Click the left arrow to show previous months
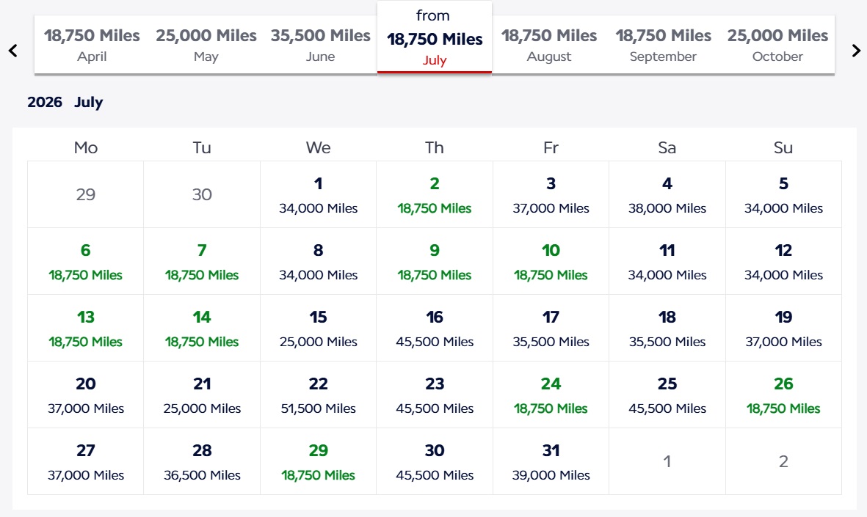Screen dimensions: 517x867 click(12, 51)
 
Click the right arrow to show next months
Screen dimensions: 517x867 click(856, 51)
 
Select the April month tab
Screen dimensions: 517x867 click(92, 45)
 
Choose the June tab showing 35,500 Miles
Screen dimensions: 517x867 click(320, 45)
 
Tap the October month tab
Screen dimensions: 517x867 click(777, 45)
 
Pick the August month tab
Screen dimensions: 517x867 click(549, 45)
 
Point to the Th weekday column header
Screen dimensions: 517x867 click(435, 147)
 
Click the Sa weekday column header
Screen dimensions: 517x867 click(667, 147)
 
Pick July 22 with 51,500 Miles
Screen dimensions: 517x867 click(318, 395)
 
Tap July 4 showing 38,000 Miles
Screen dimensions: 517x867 click(667, 194)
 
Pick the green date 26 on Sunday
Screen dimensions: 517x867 click(783, 395)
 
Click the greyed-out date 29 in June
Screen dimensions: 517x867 click(85, 194)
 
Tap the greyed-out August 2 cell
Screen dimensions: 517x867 click(783, 461)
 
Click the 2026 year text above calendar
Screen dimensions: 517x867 click(45, 103)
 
